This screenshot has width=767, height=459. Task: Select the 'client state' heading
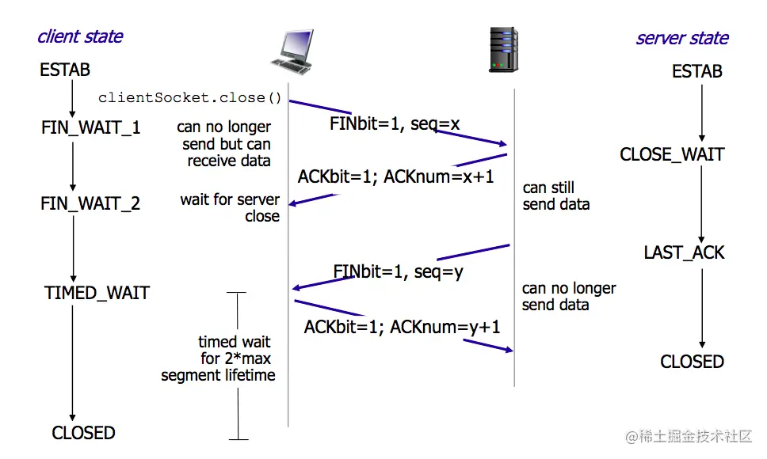[80, 36]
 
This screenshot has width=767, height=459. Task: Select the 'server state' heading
[681, 38]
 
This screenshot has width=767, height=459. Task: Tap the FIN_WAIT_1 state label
[91, 127]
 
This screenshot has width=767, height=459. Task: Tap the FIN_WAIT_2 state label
[90, 203]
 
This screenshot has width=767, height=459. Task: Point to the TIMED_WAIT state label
[97, 293]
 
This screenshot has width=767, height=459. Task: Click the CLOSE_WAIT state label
[672, 154]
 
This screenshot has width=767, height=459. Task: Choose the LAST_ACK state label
[684, 252]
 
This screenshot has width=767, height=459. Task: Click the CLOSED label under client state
[83, 433]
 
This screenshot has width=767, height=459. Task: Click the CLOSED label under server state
[692, 362]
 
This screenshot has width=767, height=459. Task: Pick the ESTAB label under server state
[696, 71]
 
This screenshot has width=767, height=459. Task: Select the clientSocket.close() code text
[190, 98]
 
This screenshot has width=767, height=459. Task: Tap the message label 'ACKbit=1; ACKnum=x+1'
[395, 176]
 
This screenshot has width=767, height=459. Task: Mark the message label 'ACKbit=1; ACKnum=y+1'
[402, 326]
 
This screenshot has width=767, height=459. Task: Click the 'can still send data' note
[556, 196]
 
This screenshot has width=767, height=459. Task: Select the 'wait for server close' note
[230, 208]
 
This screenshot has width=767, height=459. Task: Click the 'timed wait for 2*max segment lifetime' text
[219, 358]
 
